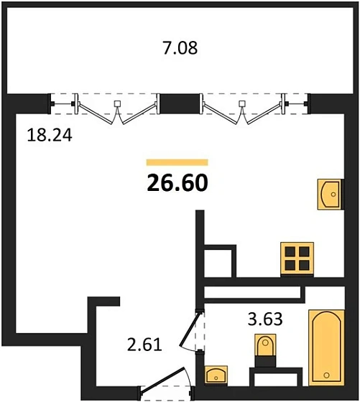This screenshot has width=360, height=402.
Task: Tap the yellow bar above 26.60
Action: pyautogui.click(x=177, y=163)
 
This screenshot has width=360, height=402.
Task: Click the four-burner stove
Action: pyautogui.click(x=297, y=258)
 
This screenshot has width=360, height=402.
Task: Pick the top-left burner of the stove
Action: pyautogui.click(x=290, y=251)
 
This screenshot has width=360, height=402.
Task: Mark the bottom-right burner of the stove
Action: pyautogui.click(x=304, y=265)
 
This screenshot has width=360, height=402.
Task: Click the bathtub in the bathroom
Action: pyautogui.click(x=327, y=347)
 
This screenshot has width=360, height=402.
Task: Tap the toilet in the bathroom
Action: pyautogui.click(x=265, y=347)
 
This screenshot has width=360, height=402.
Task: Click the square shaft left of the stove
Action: pyautogui.click(x=218, y=261)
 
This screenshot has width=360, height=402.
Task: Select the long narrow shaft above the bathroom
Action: pyautogui.click(x=251, y=294)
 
